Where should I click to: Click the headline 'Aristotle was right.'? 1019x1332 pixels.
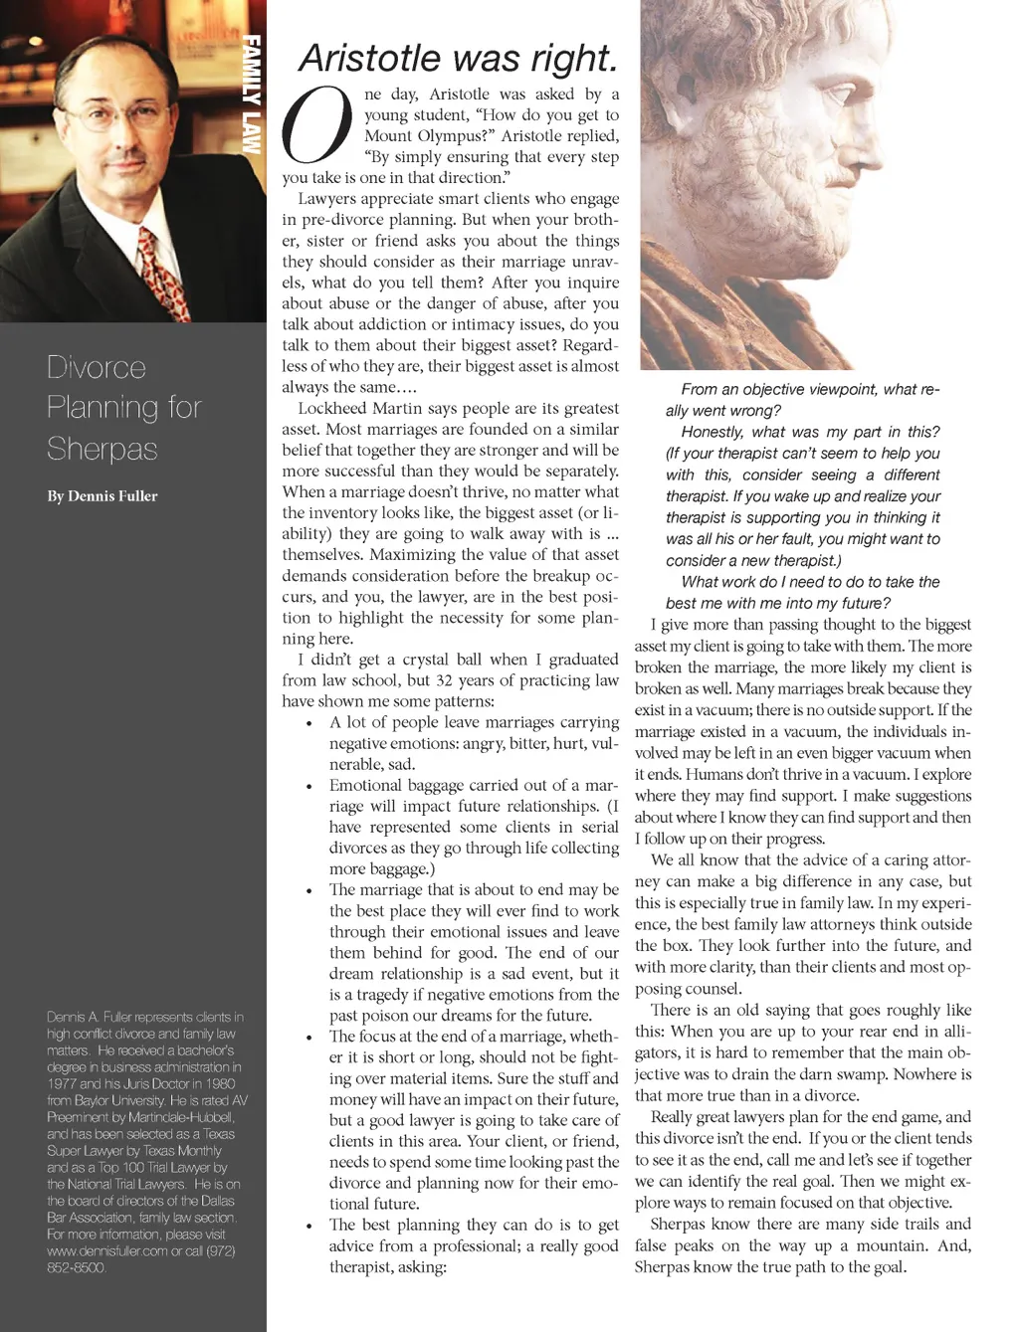point(459,58)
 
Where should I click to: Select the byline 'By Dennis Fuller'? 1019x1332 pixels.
point(102,495)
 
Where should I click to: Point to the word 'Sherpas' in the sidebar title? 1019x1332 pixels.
point(102,449)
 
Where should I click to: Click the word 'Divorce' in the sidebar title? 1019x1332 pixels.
point(97,368)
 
